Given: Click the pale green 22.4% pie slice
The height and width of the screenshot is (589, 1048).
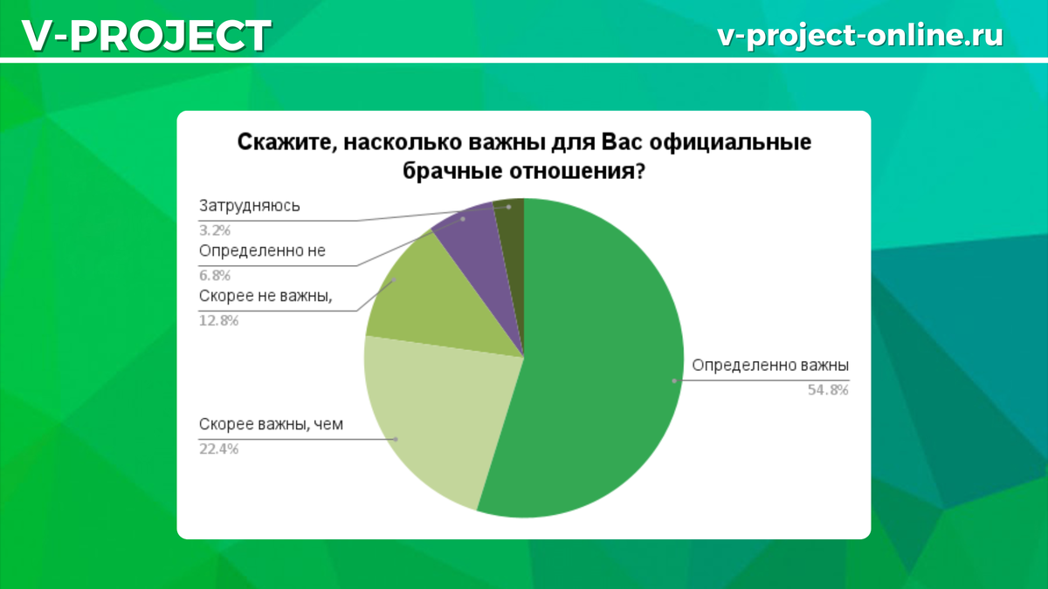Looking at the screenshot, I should coord(428,410).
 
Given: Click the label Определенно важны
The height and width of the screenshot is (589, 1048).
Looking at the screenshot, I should coord(770,366).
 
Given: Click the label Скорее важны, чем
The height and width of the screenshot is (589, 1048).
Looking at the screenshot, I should coord(272,425).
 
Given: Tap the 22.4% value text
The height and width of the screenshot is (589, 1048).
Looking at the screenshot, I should coord(219,449).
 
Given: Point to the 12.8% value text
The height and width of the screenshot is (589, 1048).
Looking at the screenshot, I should coord(219,320).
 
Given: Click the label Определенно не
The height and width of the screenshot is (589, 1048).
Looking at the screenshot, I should coord(262,250).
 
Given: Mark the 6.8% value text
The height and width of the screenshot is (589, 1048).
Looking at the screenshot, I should coord(215,276).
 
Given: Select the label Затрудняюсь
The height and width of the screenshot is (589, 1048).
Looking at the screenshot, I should coord(250,206).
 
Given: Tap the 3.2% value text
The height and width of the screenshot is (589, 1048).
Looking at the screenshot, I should coord(215,230).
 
